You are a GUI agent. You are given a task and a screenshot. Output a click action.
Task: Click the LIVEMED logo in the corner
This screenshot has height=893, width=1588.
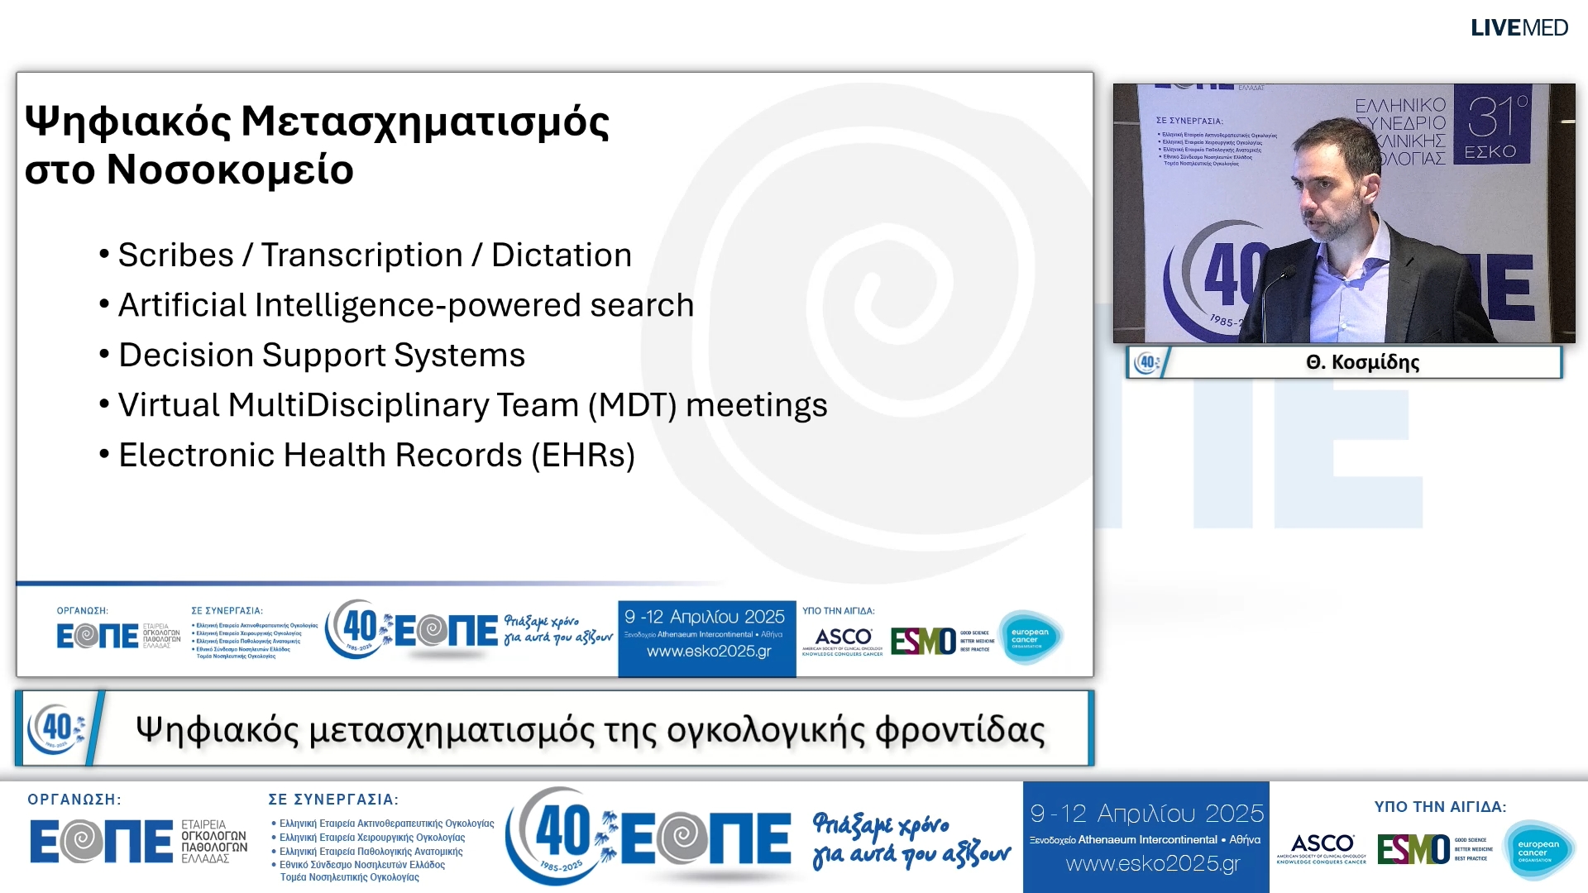click(1519, 28)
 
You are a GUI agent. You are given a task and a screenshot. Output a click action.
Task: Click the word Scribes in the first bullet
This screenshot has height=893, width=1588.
click(175, 255)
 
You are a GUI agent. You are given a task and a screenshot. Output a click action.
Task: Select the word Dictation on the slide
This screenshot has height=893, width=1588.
click(562, 255)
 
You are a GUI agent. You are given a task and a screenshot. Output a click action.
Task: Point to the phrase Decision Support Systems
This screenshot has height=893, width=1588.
click(322, 356)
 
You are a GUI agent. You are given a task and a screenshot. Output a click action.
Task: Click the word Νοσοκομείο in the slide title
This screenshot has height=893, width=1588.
click(230, 170)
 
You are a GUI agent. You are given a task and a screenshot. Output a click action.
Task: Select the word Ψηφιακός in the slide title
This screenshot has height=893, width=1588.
click(127, 122)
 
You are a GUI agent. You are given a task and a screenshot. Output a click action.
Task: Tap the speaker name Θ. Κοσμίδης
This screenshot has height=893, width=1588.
click(1362, 362)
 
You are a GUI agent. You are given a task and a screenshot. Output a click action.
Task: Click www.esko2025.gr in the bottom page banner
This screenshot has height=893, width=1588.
click(1152, 864)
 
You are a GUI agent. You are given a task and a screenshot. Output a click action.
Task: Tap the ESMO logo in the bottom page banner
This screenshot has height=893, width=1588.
click(1413, 849)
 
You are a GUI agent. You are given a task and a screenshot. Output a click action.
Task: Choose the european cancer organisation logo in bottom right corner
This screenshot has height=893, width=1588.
click(1538, 849)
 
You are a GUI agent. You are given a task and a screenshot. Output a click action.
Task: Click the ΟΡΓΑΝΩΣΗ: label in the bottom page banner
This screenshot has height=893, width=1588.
click(74, 800)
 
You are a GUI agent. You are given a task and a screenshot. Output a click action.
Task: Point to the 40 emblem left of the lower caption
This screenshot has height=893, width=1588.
click(56, 728)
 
